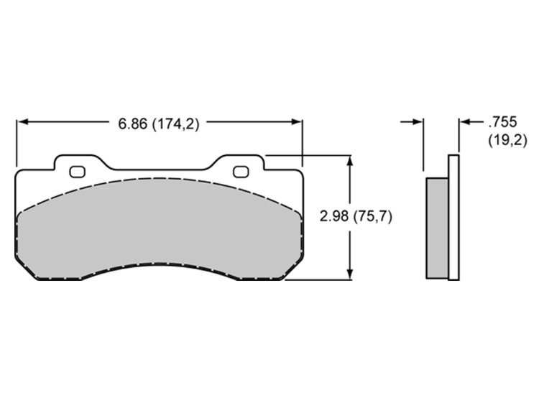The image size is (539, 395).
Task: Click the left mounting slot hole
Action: (77, 172)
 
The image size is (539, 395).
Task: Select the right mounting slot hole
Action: (241, 172)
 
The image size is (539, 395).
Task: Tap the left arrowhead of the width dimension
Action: (23, 121)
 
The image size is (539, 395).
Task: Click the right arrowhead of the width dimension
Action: (296, 121)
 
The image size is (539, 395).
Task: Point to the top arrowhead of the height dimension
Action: (349, 162)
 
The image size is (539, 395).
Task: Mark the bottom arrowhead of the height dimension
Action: (349, 274)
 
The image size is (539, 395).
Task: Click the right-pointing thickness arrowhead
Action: (418, 121)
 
